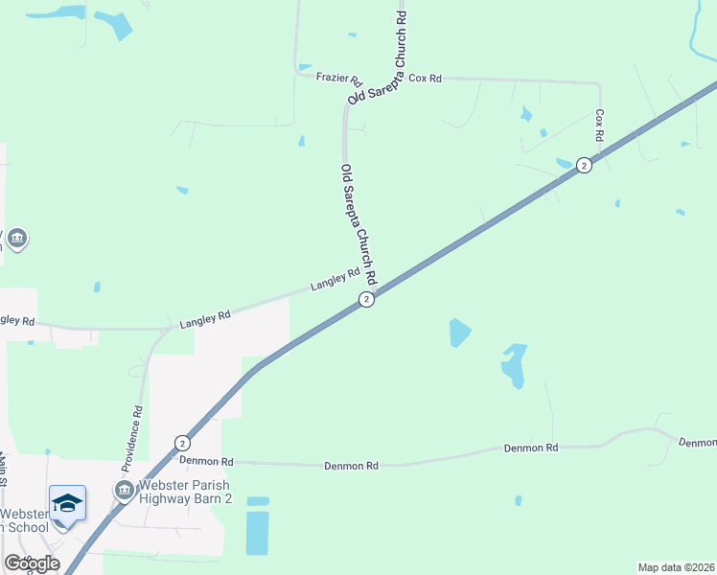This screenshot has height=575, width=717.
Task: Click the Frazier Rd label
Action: point(338,78)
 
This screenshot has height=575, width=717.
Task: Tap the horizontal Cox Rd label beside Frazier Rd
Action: point(425,78)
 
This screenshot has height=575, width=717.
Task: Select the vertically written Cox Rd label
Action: point(599,125)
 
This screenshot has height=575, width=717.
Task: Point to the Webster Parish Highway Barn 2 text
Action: point(186,491)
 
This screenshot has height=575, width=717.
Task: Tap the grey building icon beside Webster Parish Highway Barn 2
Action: point(124,491)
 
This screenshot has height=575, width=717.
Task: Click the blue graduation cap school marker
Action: point(67,503)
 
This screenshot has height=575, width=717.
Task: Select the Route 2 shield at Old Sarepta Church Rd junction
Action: point(366,300)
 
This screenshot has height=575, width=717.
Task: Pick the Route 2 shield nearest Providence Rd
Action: point(182,443)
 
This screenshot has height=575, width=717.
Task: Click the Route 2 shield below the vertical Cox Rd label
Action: point(584,165)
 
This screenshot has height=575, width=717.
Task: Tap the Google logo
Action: point(31,563)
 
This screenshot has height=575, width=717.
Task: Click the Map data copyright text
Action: point(675,567)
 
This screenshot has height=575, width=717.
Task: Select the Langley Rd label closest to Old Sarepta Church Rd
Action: point(335,280)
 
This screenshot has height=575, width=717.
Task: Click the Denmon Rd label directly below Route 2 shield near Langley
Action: point(352,466)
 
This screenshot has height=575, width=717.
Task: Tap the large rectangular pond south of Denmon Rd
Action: point(257,532)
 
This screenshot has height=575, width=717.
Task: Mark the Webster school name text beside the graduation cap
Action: point(23,520)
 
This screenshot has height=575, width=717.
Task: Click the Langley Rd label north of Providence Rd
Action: point(205,320)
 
